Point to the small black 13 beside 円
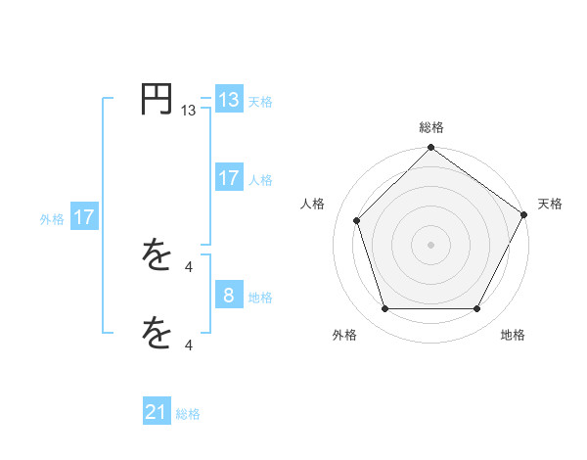click(x=189, y=112)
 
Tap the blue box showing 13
click(x=229, y=100)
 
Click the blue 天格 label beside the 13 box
click(x=260, y=101)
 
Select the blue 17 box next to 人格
click(x=229, y=178)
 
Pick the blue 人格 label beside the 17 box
click(x=260, y=179)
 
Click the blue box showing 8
click(x=229, y=296)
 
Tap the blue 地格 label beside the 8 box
click(x=260, y=297)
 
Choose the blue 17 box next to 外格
click(x=84, y=218)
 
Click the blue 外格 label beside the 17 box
click(x=52, y=219)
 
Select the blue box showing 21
click(x=157, y=413)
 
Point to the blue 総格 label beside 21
click(x=188, y=414)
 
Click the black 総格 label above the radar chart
click(x=430, y=127)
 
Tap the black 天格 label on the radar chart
click(x=550, y=204)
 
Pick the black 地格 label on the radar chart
click(x=513, y=335)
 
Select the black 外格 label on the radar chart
click(x=344, y=335)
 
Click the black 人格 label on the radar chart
click(x=313, y=204)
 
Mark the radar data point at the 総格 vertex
click(x=430, y=149)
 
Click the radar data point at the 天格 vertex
click(x=524, y=214)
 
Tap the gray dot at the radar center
click(x=430, y=244)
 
